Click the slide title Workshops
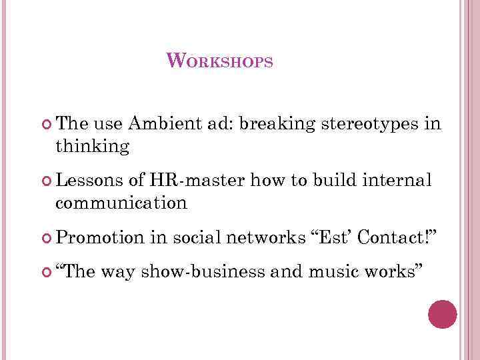point(219,61)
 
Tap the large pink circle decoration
point(442,314)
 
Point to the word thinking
point(93,147)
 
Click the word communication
point(122,203)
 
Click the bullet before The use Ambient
point(47,124)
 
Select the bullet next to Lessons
point(47,181)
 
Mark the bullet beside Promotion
point(47,237)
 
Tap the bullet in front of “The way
point(47,271)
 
